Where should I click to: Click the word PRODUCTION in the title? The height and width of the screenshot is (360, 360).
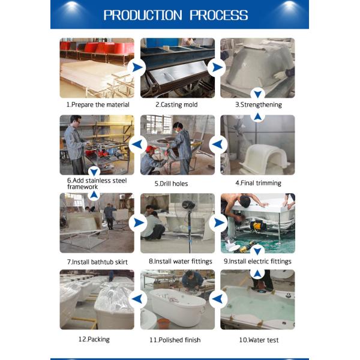click(x=143, y=15)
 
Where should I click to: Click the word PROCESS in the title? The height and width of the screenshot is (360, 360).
click(x=219, y=15)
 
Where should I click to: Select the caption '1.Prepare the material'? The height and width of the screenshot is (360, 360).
click(x=98, y=104)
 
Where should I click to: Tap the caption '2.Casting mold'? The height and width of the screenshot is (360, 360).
click(x=176, y=104)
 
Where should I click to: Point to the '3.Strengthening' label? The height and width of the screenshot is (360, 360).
click(x=259, y=104)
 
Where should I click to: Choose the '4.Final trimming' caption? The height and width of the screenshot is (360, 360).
click(x=258, y=183)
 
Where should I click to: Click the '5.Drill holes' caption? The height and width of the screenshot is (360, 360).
click(x=171, y=184)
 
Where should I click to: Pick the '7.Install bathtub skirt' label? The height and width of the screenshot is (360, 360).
click(x=97, y=262)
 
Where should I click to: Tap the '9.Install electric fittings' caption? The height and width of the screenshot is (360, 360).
click(x=257, y=261)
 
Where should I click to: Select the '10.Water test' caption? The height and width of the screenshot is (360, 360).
click(x=259, y=340)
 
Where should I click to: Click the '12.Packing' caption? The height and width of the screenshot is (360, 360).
click(x=94, y=340)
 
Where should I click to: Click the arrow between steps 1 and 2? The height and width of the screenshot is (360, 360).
click(x=137, y=67)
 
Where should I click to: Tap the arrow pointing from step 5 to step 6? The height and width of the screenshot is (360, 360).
click(x=137, y=145)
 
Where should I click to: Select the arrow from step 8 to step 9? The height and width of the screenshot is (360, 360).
click(x=219, y=223)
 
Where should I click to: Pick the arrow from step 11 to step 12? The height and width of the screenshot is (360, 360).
click(x=137, y=299)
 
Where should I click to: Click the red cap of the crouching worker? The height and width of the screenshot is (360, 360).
click(x=150, y=149)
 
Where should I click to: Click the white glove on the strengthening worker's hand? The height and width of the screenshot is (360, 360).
click(x=280, y=75)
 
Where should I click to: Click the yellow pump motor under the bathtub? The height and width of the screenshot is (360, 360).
click(x=259, y=226)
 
